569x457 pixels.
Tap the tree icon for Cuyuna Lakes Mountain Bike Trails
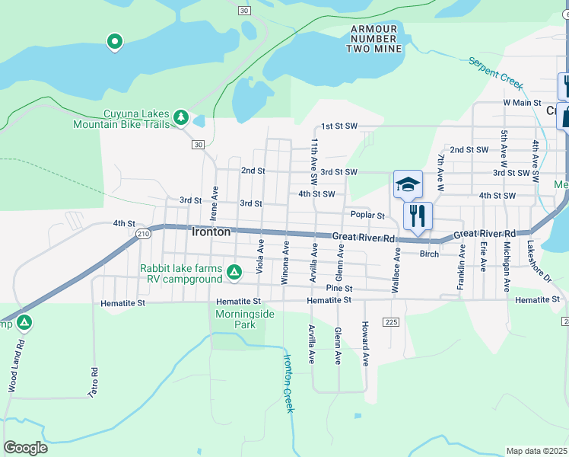180,117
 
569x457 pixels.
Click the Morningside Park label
234,319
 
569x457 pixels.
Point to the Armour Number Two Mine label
374,39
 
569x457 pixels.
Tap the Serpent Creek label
495,70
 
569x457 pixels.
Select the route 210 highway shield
143,235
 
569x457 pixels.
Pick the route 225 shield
391,322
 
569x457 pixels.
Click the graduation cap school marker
408,184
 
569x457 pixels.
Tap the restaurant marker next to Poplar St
417,215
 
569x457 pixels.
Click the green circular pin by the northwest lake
115,41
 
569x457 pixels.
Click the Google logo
25,448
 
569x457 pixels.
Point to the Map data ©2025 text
537,451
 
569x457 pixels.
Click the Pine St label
339,289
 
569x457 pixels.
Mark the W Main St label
521,102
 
